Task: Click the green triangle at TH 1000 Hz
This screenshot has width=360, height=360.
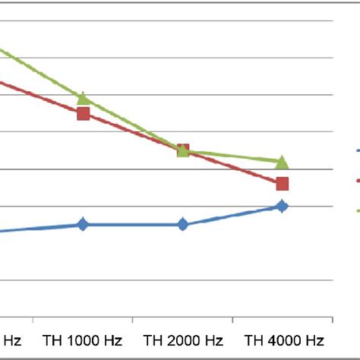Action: point(83,97)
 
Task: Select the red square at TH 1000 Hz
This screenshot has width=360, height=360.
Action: point(83,114)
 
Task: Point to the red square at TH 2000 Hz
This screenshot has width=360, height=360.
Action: point(182,150)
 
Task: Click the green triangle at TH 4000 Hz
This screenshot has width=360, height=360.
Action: point(282,162)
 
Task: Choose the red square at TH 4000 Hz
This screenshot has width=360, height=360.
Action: point(282,183)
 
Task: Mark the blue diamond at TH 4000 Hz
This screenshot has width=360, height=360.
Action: point(282,206)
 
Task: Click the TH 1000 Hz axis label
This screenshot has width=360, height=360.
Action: point(83,339)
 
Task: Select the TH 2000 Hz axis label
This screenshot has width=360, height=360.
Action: point(182,339)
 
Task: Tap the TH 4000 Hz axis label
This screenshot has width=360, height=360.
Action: point(282,339)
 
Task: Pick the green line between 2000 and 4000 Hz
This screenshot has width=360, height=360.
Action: point(232,156)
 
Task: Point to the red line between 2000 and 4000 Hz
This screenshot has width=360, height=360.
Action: point(232,167)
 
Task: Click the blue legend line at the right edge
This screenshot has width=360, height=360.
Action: point(358,150)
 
